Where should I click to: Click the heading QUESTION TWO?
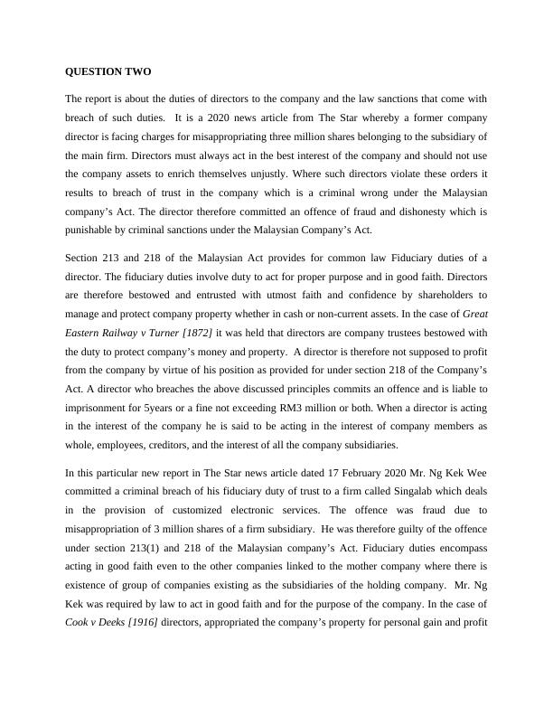tap(102, 71)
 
